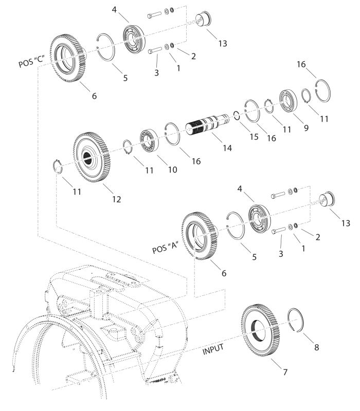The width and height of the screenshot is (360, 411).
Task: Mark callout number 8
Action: pyautogui.click(x=316, y=347)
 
